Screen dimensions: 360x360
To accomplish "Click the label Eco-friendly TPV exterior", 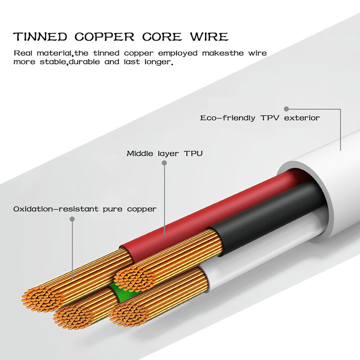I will coord(260,118).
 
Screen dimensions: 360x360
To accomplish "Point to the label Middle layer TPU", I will coord(164,153).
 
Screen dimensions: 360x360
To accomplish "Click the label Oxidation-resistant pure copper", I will coord(85,209).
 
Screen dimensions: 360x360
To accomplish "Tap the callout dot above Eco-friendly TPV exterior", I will coord(286,108).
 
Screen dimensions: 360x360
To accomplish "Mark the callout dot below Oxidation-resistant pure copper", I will coord(72,219).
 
